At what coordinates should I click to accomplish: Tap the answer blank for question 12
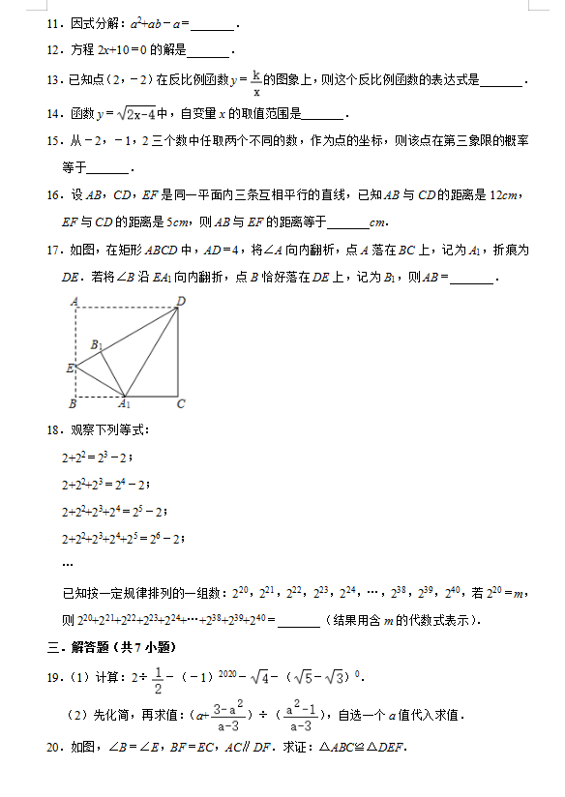pyautogui.click(x=208, y=51)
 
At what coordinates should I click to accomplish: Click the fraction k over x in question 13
pyautogui.click(x=256, y=82)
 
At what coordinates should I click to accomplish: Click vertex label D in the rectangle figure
pyautogui.click(x=181, y=301)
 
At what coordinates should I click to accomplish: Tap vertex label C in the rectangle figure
pyautogui.click(x=181, y=403)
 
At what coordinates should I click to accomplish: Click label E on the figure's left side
pyautogui.click(x=69, y=368)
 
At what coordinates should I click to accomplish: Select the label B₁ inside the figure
pyautogui.click(x=97, y=344)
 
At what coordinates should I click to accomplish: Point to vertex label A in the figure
pyautogui.click(x=74, y=302)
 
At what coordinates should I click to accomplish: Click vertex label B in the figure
pyautogui.click(x=73, y=403)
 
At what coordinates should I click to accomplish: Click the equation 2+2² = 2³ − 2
pyautogui.click(x=96, y=458)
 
